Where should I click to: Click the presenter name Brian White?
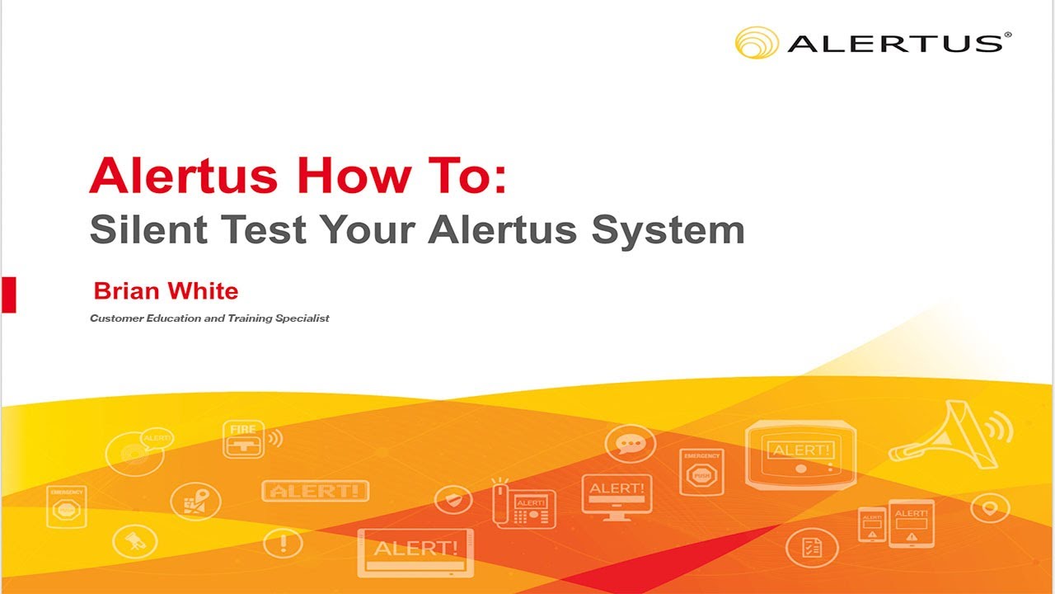(166, 290)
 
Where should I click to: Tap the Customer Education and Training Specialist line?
(209, 318)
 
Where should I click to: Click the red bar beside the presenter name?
(9, 295)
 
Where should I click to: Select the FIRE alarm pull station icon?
(244, 439)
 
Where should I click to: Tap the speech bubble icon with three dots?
(631, 443)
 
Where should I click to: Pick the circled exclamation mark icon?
(283, 543)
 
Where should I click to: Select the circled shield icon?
(453, 499)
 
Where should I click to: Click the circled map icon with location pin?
(195, 501)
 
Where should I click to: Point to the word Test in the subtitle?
(263, 229)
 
